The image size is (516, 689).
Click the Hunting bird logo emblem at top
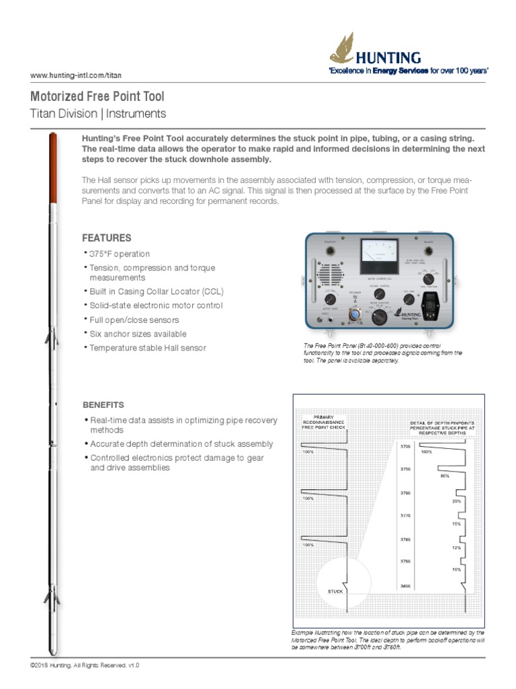[342, 52]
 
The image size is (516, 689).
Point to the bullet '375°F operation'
[120, 254]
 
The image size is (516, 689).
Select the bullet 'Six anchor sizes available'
[138, 334]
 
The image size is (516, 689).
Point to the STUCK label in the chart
[335, 591]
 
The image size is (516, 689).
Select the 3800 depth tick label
[405, 586]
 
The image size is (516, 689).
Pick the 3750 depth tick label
[405, 468]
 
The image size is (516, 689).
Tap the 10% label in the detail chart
[456, 569]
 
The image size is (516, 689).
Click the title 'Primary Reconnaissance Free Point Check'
[323, 422]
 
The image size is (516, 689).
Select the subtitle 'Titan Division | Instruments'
[98, 114]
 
